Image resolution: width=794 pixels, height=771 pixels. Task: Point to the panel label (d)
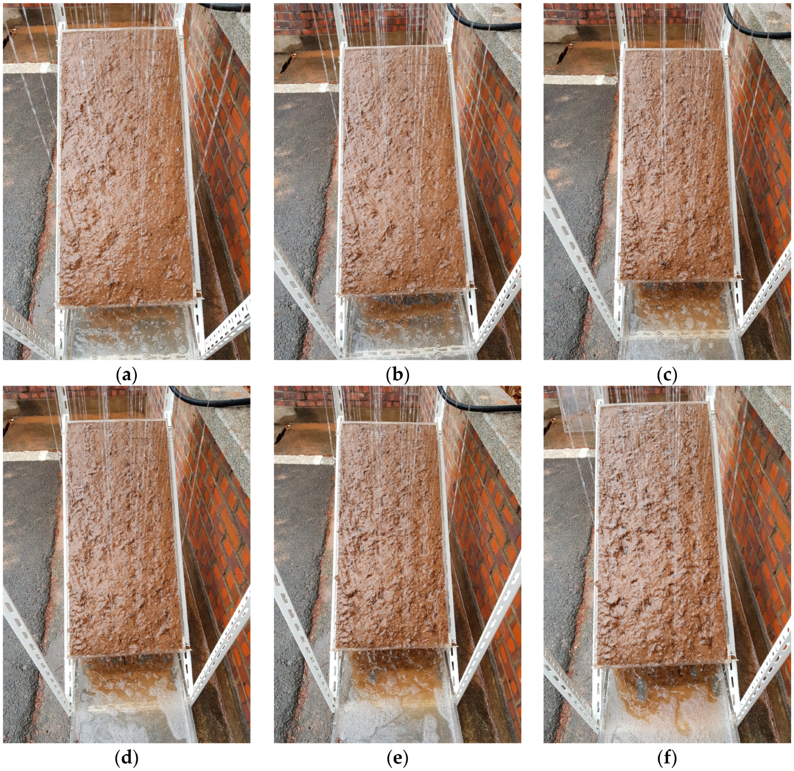126,757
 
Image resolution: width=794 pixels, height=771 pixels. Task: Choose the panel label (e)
398,757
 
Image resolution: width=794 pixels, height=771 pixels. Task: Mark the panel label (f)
667,757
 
